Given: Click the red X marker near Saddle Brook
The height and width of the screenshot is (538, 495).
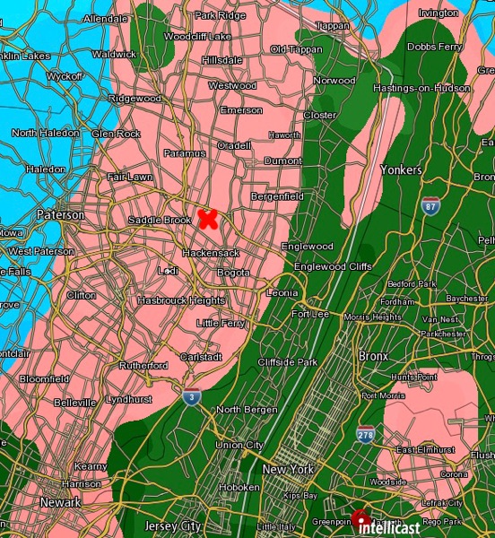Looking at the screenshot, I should pos(208,218).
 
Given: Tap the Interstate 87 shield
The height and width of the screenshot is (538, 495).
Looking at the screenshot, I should pos(431,205).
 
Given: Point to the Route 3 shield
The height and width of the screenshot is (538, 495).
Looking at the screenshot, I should pos(191,396).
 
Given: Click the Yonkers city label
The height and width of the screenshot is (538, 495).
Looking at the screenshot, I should pos(401,169).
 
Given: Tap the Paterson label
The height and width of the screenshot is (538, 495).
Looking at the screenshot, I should pos(61,215).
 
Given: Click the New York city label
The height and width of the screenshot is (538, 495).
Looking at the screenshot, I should pos(288,469).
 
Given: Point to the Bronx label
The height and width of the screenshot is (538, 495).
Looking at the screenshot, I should pos(373,356).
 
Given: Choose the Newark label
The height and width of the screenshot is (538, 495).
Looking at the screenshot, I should pos(60,503).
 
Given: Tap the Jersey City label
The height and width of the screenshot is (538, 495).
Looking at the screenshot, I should pos(173,526).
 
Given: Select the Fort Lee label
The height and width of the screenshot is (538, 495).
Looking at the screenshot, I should pos(310,314).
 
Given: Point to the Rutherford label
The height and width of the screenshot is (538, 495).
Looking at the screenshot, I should pos(144,366).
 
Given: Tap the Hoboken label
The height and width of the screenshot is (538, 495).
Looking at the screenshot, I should pos(239,487).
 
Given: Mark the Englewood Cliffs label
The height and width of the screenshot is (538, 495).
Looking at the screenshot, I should pos(333,266).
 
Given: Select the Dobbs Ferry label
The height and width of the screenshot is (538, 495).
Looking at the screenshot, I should pos(434,46).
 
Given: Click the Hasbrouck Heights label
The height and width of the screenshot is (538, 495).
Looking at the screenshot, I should pos(181,300).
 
